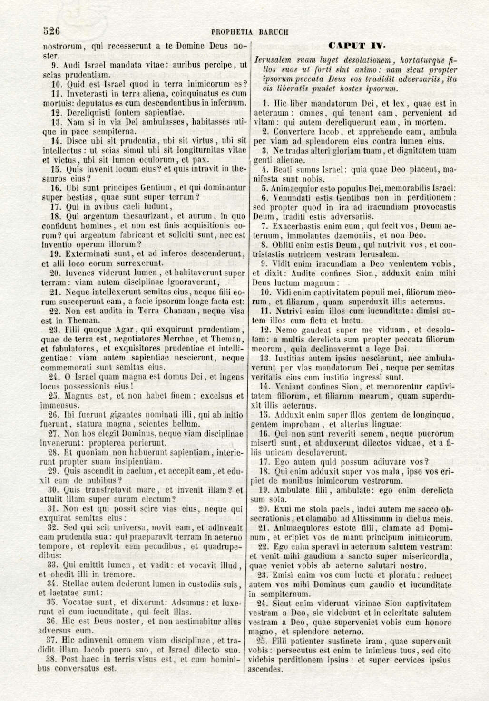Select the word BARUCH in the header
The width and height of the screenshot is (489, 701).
tap(274, 32)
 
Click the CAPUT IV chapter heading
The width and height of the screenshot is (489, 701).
tap(356, 46)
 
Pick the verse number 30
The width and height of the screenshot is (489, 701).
tap(53, 490)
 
